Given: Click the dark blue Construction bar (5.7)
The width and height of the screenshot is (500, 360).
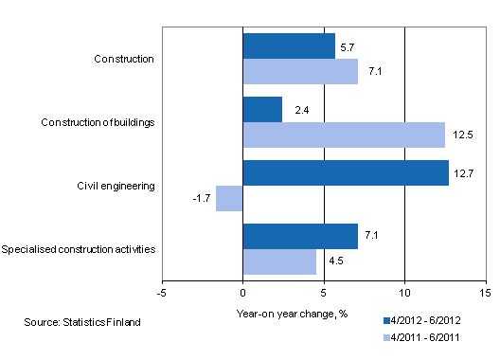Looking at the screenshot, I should click(289, 46).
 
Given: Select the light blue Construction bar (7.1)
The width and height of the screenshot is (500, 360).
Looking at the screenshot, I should click(300, 72).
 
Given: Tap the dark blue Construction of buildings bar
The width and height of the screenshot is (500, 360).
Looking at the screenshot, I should click(262, 110).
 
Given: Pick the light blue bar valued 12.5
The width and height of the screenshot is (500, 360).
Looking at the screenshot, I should click(344, 135).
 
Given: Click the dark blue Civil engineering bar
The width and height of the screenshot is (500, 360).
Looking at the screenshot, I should click(346, 172).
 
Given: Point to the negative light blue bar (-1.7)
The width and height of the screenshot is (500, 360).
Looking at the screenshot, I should click(229, 198).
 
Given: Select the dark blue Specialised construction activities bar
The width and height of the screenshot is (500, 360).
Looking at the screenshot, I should click(300, 236).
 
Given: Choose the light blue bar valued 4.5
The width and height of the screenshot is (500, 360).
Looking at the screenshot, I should click(279, 261).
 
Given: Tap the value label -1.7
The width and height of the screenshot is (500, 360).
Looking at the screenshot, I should click(200, 198).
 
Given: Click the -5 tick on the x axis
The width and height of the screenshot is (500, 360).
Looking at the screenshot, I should click(162, 293).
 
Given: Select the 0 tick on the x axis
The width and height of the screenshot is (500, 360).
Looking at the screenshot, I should click(243, 293).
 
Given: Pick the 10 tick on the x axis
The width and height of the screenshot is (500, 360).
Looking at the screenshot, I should click(404, 293).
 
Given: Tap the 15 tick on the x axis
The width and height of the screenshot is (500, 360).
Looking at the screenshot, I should click(485, 293).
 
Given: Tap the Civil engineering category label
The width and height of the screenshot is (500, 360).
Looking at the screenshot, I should click(116, 186).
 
